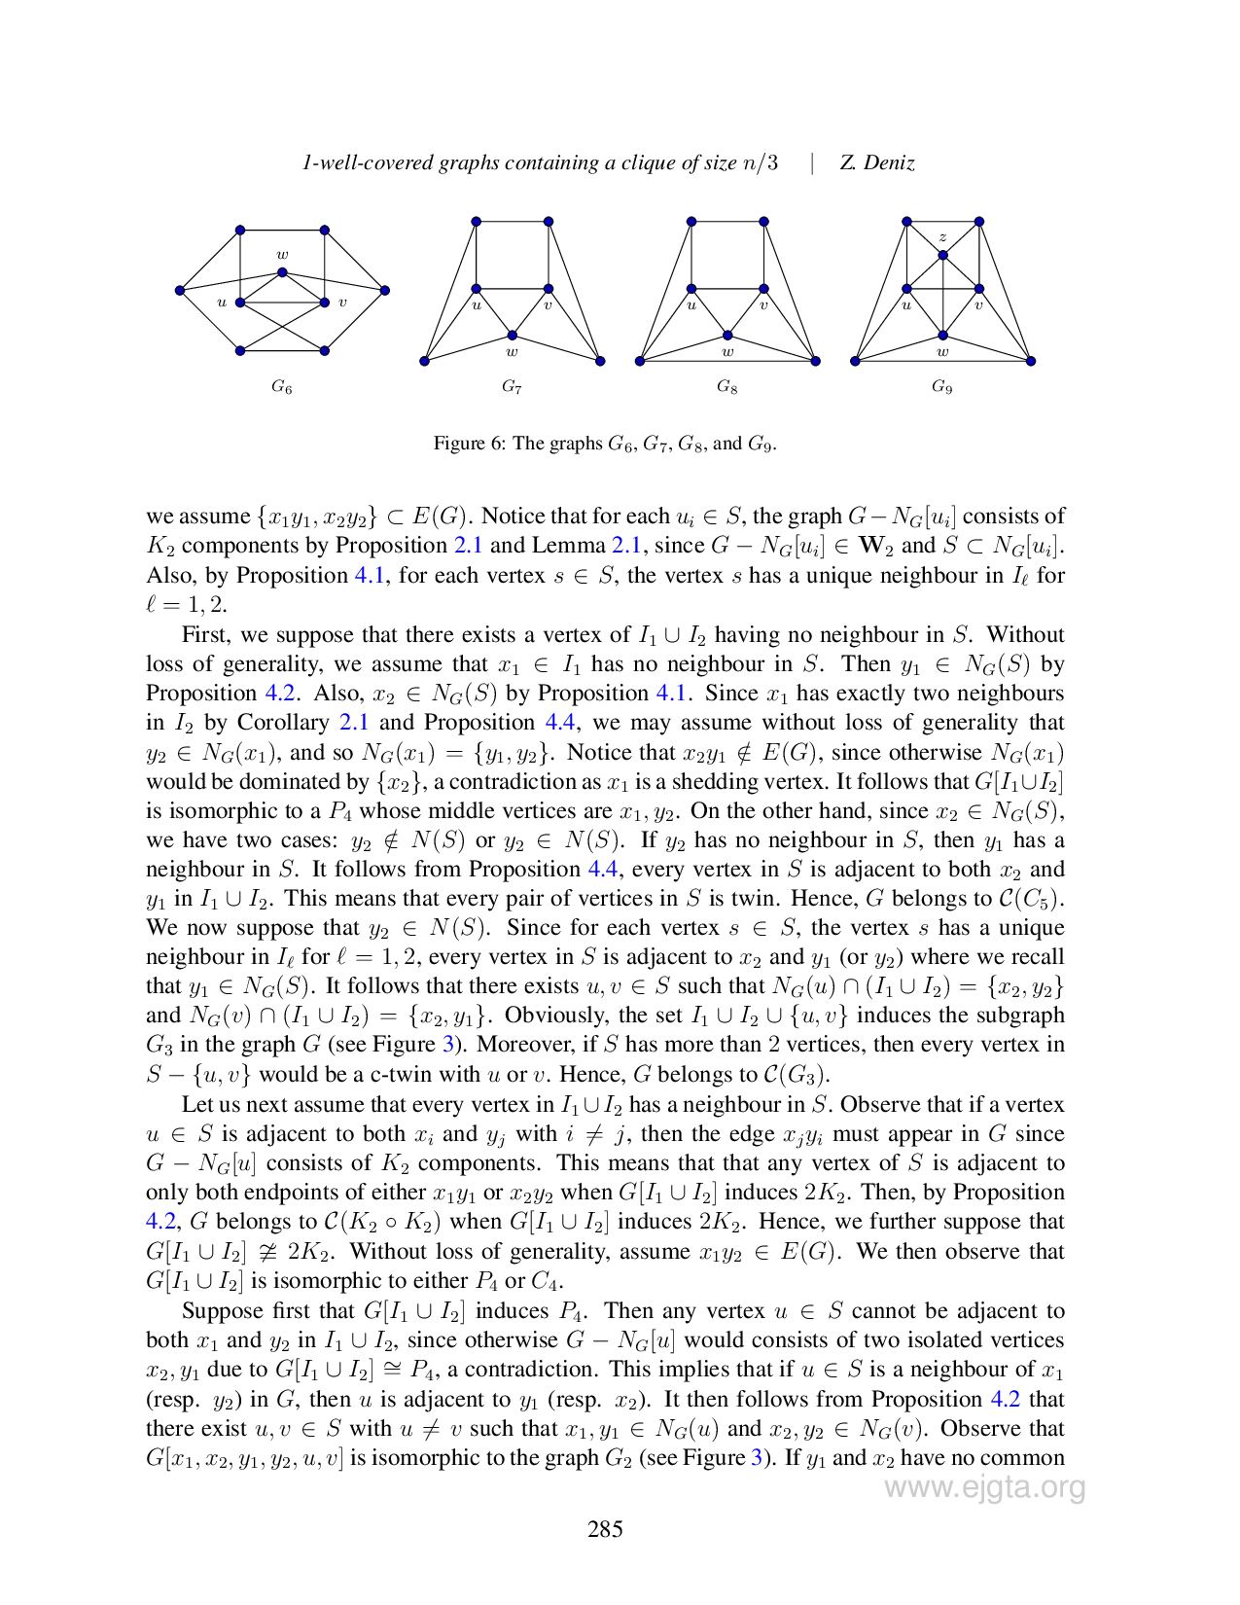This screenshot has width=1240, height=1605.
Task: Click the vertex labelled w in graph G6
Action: tap(282, 272)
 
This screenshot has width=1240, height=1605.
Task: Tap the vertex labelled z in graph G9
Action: tap(943, 256)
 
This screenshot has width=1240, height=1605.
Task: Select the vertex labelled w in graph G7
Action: tap(512, 336)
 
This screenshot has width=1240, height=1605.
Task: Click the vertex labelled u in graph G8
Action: tap(691, 289)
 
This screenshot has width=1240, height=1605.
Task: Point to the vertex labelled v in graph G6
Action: tap(324, 303)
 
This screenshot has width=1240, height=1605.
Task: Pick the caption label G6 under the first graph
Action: tap(281, 386)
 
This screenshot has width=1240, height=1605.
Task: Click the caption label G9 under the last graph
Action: tap(941, 386)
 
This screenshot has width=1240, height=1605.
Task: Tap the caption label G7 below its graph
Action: tap(511, 386)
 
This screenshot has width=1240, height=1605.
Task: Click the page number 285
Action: tap(605, 1529)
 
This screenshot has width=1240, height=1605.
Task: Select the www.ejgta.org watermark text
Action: tap(985, 1487)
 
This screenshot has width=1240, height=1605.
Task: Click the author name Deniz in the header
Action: tap(889, 162)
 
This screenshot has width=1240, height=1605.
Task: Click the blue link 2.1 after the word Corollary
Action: tap(354, 723)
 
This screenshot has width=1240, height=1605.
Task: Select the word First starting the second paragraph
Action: tap(206, 634)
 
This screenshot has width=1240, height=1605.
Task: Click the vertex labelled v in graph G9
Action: tap(979, 289)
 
